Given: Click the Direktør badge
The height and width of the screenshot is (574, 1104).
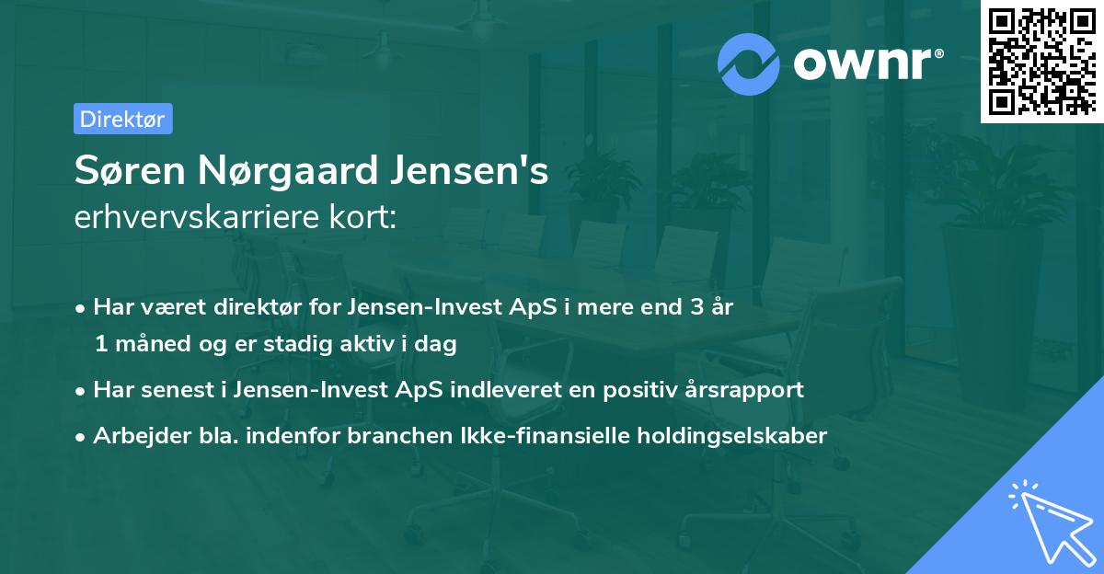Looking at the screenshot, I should (x=122, y=119).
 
